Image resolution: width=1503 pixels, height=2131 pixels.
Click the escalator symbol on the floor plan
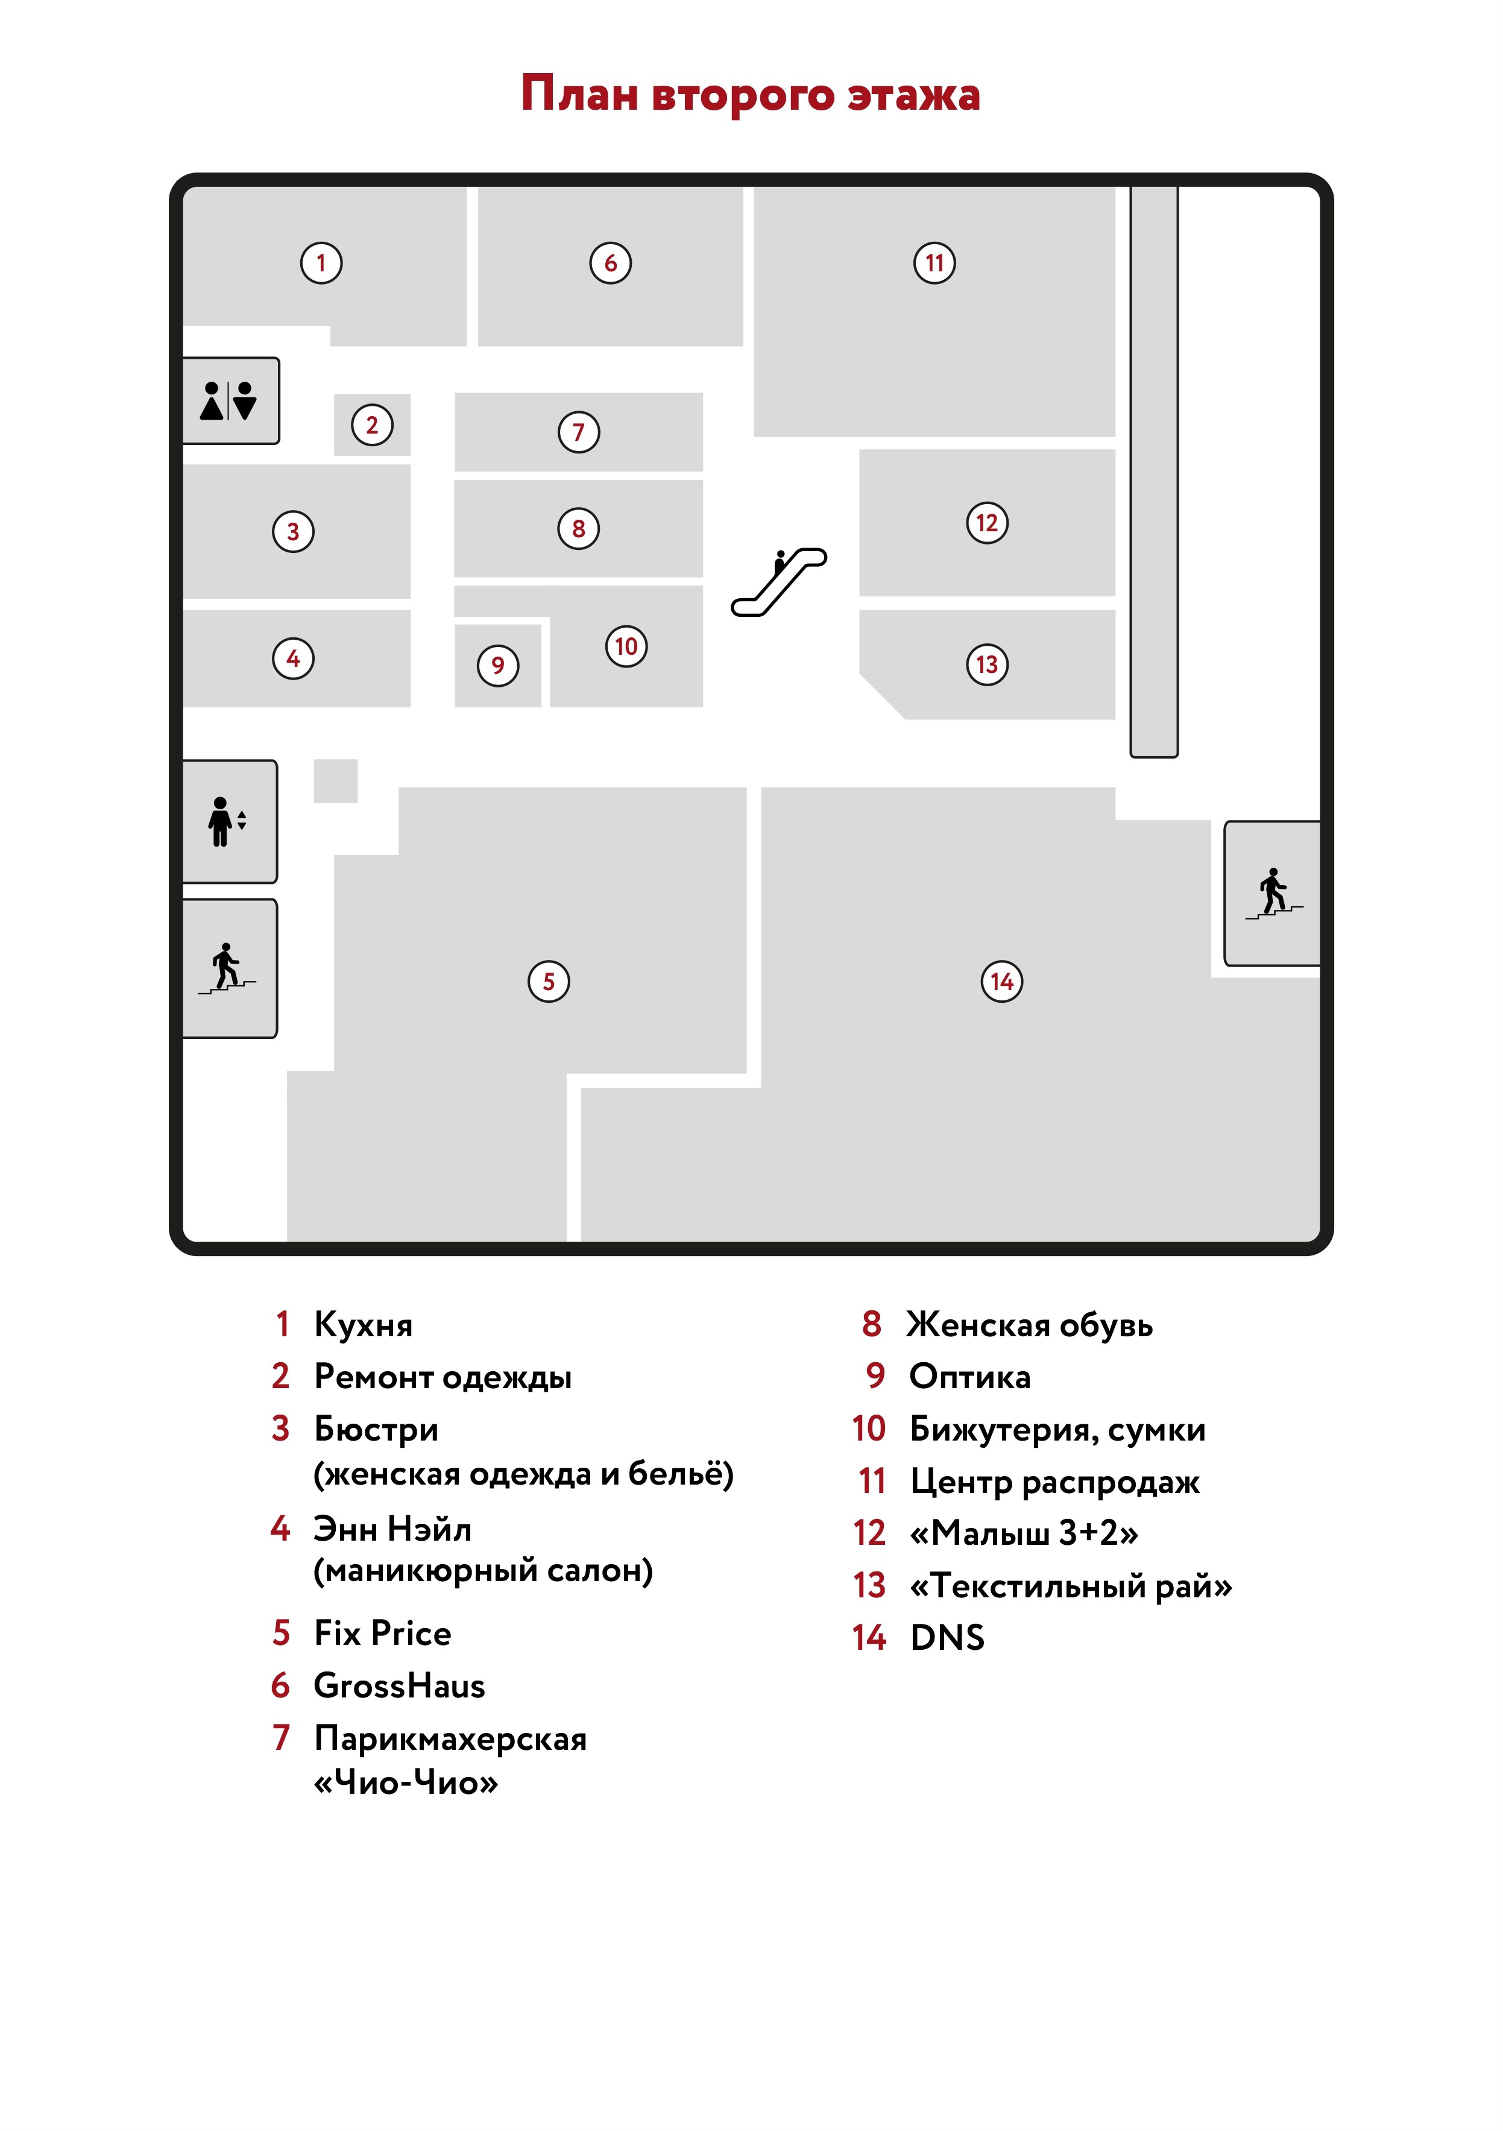click(x=780, y=582)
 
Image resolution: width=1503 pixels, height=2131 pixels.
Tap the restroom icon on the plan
click(x=228, y=401)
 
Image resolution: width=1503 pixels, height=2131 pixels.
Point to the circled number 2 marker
click(x=372, y=425)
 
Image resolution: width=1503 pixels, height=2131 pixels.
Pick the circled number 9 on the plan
click(x=498, y=666)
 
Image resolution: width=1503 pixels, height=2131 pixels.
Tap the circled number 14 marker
click(x=1002, y=981)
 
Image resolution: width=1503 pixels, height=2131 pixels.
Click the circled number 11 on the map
click(x=934, y=263)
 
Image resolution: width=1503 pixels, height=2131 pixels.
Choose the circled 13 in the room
click(x=987, y=665)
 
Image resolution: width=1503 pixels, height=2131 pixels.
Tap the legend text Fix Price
click(x=382, y=1632)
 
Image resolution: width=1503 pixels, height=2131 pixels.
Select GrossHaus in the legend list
click(x=399, y=1685)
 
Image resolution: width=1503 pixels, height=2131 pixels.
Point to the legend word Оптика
click(x=969, y=1377)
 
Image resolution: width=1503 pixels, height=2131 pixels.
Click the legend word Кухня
click(x=364, y=1324)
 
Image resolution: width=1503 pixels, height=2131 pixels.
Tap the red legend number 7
click(x=281, y=1737)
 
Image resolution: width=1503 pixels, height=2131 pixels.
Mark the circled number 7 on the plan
click(x=579, y=432)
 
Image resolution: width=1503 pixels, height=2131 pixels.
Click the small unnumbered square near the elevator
click(x=336, y=780)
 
